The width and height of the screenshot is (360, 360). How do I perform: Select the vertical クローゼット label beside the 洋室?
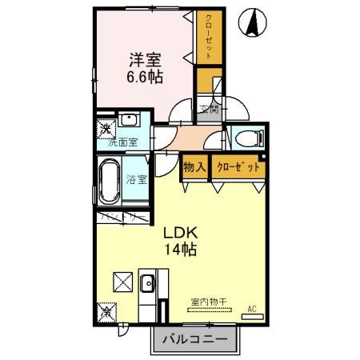208,36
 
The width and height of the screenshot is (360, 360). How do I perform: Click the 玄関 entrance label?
208,110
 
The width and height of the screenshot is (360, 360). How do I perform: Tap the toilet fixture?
247,138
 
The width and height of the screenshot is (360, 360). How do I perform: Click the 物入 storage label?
194,167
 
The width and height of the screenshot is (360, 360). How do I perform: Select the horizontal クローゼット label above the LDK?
238,167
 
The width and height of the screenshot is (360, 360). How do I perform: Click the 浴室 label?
136,179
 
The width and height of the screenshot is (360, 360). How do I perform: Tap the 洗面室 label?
123,142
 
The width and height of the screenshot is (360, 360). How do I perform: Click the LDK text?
181,233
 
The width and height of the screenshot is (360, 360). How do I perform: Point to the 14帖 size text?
181,250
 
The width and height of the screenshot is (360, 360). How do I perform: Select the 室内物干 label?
208,302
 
